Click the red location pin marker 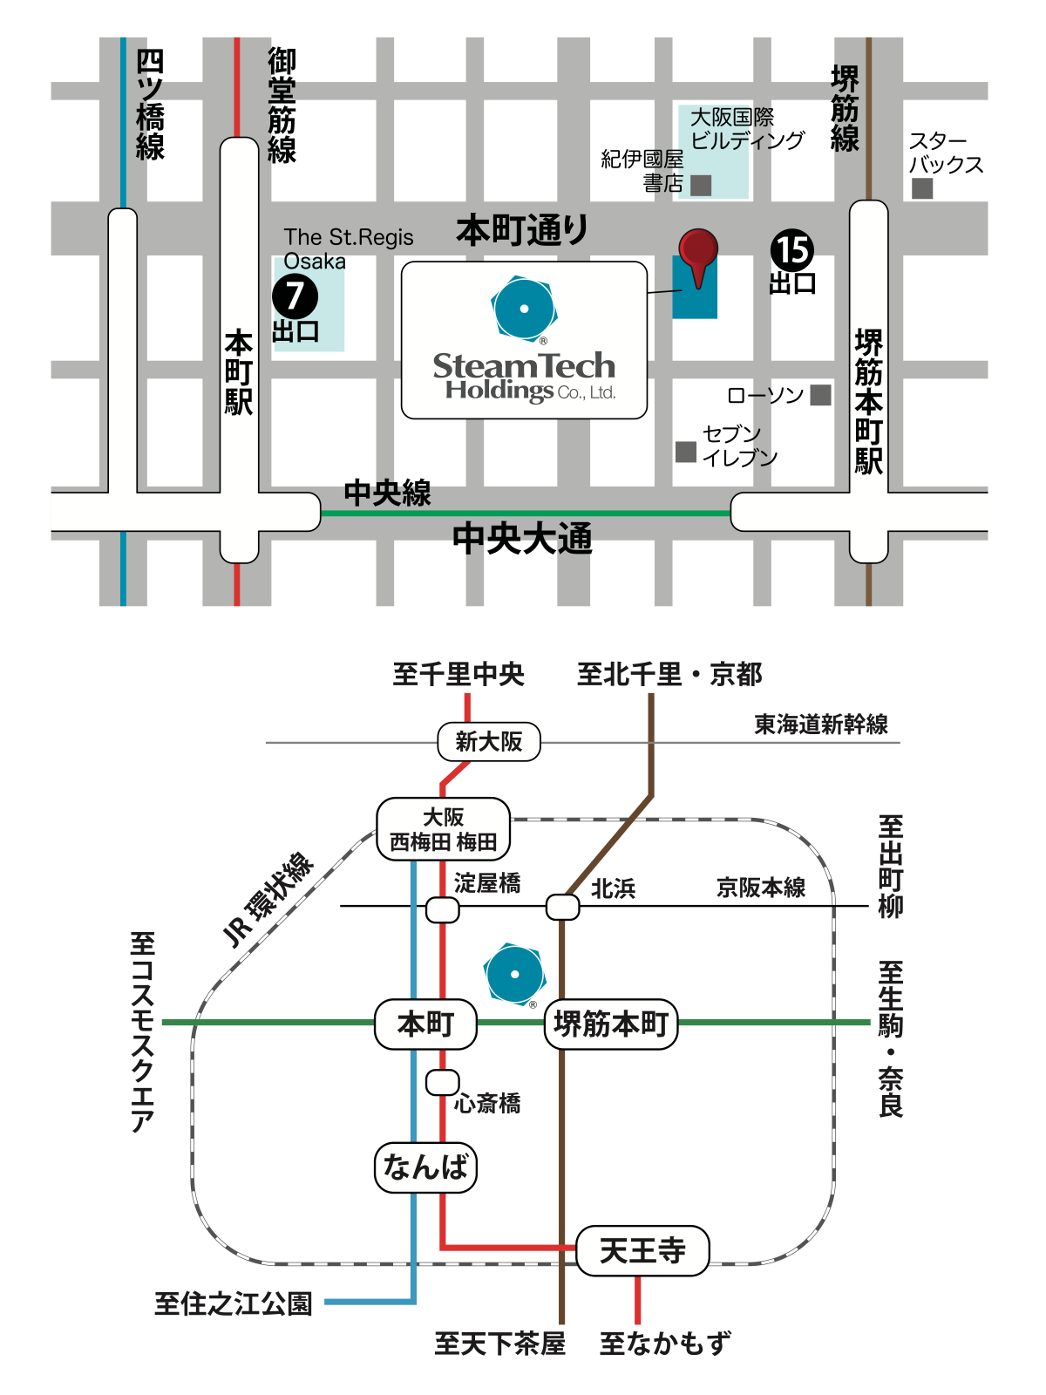coord(698,250)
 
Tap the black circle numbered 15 coord(792,251)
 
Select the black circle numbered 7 coord(295,296)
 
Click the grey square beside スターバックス coord(922,188)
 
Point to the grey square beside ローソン coord(820,395)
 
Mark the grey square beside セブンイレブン coord(686,452)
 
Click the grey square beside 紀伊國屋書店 coord(701,185)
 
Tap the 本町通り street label coord(521,230)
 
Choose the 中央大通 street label coord(522,539)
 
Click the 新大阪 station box coord(489,742)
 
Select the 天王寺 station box coord(642,1251)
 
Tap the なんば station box coord(425,1167)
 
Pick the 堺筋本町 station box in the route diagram coord(611,1024)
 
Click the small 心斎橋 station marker coord(442,1083)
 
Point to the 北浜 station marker coord(562,907)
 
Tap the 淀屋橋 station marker coord(442,910)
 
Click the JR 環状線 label coord(268,899)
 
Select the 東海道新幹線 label coord(820,725)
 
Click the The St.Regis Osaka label coord(348,249)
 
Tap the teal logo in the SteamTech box coord(524,308)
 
